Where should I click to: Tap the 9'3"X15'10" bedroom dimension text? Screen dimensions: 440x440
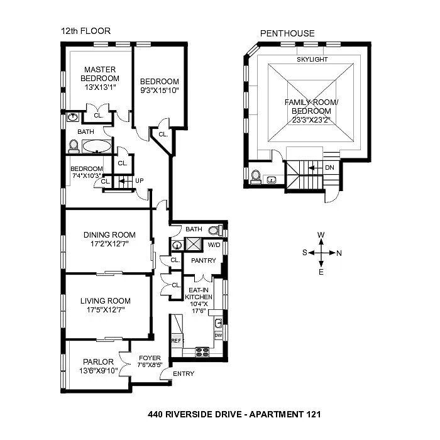159,90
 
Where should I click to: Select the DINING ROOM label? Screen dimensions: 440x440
109,235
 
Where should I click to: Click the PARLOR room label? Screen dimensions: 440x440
97,361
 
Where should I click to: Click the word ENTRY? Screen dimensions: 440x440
183,374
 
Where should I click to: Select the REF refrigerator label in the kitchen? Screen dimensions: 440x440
176,341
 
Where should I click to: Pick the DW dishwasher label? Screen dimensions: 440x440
218,335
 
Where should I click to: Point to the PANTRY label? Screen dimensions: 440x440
204,260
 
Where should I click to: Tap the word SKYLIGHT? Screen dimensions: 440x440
312,60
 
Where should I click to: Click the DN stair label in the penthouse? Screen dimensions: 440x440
329,168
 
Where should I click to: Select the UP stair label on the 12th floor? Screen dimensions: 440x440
140,180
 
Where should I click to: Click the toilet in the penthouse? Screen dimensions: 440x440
256,177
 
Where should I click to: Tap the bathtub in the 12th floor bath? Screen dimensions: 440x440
97,148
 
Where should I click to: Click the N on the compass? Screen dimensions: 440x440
339,253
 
